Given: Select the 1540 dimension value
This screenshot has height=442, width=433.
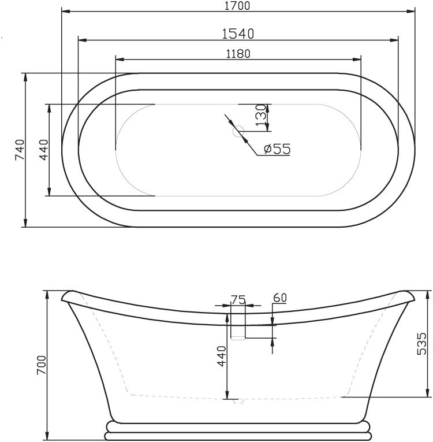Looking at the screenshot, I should click(237, 34).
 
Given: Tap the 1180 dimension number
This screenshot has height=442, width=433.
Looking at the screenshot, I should click(238, 53).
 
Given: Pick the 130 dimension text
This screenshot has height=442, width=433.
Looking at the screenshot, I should click(260, 114).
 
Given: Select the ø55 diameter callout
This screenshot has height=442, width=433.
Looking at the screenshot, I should click(277, 149).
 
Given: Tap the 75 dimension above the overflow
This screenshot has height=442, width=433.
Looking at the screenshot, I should click(238, 299).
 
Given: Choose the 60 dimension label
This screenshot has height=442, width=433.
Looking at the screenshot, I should click(279, 298).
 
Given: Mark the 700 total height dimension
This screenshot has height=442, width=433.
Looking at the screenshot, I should click(40, 365).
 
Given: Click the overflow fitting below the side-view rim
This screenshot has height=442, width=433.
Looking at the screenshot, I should click(238, 328).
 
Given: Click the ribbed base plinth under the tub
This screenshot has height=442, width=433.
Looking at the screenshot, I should click(237, 430).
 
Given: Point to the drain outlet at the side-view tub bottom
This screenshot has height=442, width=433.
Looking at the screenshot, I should click(238, 400).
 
